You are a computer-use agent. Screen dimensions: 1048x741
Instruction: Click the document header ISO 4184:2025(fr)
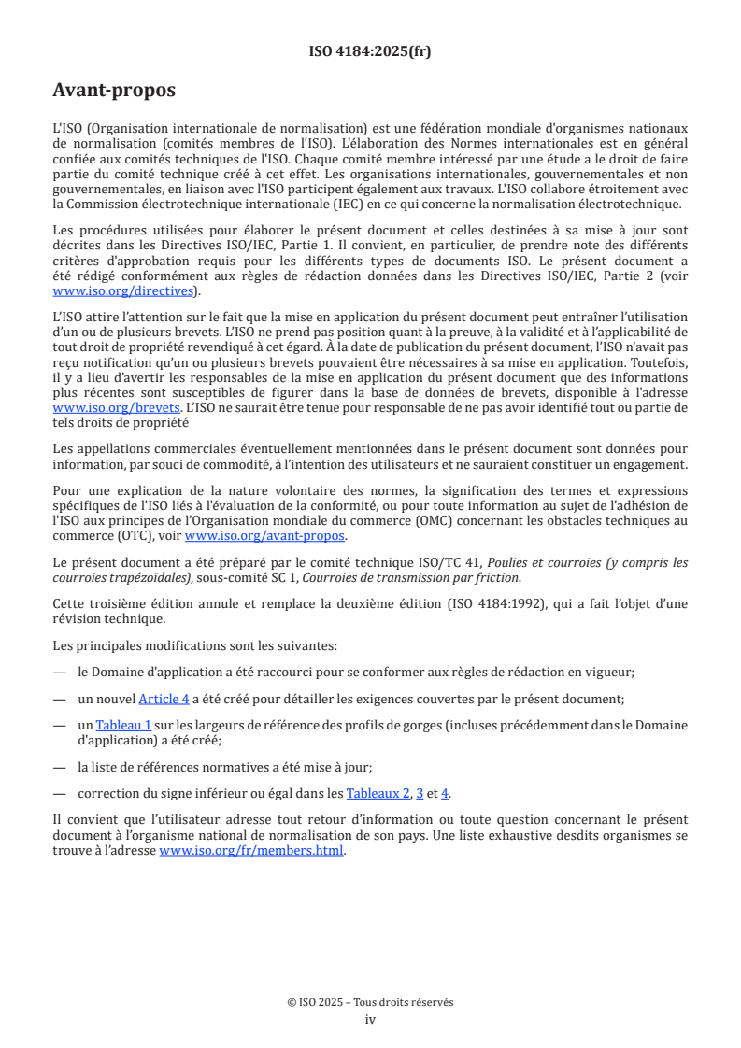pos(370,51)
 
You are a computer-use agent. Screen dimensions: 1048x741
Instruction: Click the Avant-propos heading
pos(113,92)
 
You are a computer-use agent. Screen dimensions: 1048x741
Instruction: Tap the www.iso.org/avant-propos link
pos(264,535)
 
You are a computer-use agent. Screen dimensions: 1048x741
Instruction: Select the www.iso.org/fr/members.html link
pos(251,851)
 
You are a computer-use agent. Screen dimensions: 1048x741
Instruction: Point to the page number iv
pos(370,1019)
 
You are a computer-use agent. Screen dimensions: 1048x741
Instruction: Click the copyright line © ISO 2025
pos(370,1002)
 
